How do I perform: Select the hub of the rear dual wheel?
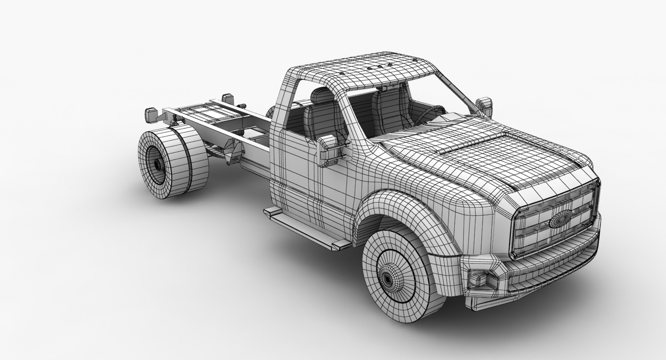pyautogui.click(x=157, y=164)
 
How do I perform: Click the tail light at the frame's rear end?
pyautogui.click(x=152, y=114)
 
